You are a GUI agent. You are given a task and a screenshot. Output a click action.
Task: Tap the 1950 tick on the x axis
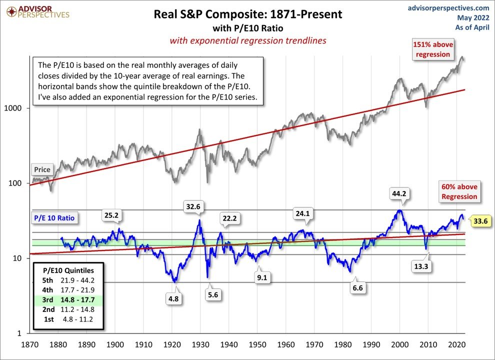[x=257, y=344]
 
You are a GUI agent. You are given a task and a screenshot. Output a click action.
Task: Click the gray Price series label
[x=42, y=169]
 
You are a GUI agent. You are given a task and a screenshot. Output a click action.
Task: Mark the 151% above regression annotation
[x=431, y=49]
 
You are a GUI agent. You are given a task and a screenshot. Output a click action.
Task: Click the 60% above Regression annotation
[x=459, y=192]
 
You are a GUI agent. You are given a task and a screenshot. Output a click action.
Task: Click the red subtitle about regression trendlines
[x=248, y=40]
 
